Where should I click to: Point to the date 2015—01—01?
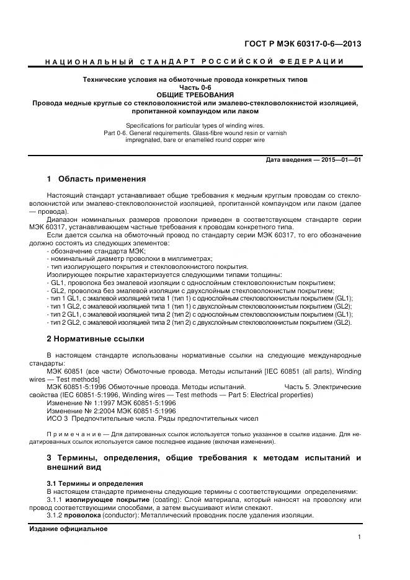341,160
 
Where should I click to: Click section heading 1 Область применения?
96,180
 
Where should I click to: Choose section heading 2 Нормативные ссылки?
96,339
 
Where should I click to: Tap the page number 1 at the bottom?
359,537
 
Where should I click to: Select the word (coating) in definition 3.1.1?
161,499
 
